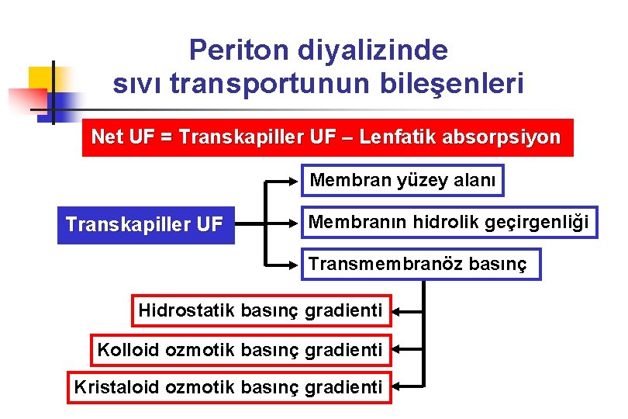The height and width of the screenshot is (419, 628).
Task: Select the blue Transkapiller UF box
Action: (x=146, y=225)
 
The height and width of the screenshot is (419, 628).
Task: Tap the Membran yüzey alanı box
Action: (x=403, y=181)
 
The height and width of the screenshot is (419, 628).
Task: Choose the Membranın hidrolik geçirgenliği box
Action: (x=449, y=223)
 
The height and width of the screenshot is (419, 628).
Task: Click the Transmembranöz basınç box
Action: (x=419, y=265)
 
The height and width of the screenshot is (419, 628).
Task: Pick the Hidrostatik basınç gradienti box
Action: (x=261, y=311)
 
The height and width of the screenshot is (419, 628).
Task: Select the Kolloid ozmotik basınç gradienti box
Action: (x=240, y=350)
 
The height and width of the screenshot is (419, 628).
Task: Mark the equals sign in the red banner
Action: (x=164, y=138)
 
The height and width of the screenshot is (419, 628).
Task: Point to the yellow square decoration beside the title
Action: (x=43, y=80)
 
